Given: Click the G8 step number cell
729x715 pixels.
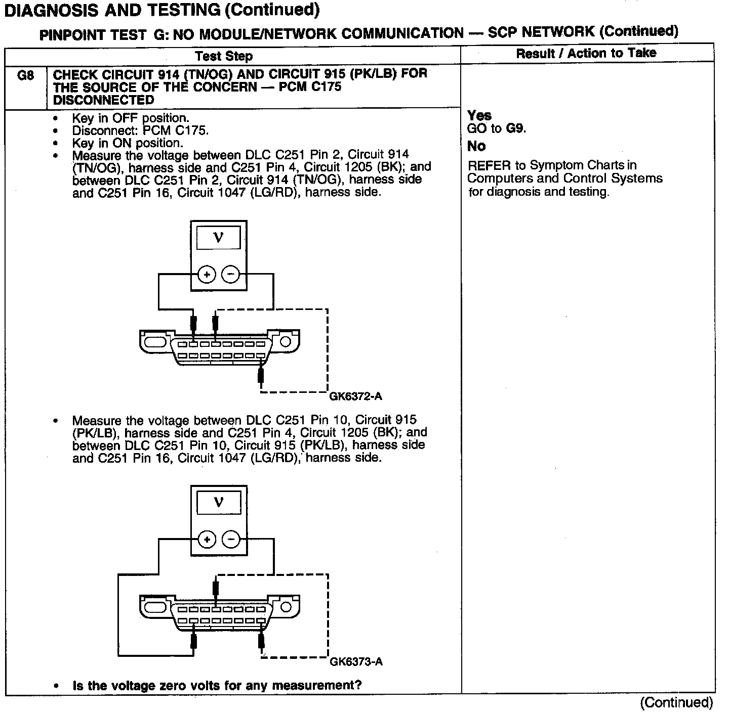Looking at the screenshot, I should [x=25, y=76].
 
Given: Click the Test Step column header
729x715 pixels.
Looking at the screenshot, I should [x=224, y=56].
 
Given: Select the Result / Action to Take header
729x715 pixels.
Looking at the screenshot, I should [x=586, y=53].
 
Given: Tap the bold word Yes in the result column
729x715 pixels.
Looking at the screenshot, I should [x=479, y=115].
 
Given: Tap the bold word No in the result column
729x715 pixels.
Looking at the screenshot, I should [x=476, y=146].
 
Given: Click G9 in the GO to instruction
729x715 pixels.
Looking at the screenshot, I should [x=515, y=128].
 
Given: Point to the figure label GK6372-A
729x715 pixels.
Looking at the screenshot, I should [x=355, y=396].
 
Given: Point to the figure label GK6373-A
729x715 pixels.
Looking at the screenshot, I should [x=356, y=661].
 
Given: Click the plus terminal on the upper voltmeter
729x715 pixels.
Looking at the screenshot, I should [x=207, y=275].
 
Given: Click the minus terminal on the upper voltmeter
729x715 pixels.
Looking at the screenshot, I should [x=231, y=275].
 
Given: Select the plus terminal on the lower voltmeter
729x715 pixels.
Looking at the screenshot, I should [x=207, y=540].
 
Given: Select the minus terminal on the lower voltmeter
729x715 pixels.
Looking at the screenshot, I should [x=231, y=540].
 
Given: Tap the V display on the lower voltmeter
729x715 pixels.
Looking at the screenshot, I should [x=219, y=502].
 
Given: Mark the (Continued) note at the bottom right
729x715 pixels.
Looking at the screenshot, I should [x=676, y=702].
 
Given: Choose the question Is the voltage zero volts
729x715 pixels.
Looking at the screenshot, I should [x=217, y=686].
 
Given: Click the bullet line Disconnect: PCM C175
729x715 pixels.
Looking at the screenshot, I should [x=140, y=130].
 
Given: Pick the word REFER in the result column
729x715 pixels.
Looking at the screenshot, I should [x=489, y=166].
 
